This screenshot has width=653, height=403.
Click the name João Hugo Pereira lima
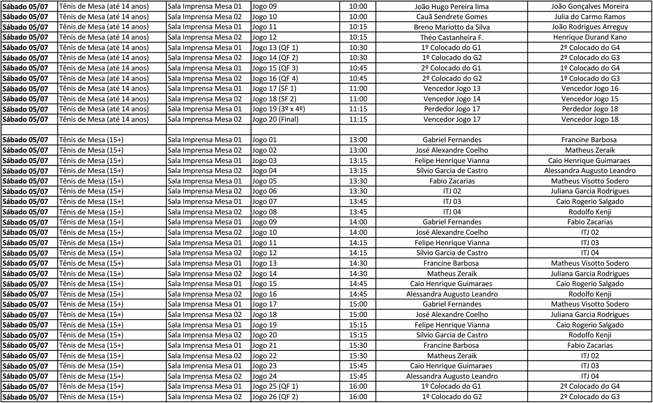click(x=451, y=7)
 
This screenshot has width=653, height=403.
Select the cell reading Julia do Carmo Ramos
click(x=589, y=17)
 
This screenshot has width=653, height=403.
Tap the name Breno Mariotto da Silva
click(x=451, y=27)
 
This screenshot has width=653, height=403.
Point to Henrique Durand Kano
click(x=589, y=37)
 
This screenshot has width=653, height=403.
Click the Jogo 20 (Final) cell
click(x=275, y=119)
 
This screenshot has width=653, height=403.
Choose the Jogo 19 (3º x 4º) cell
click(x=278, y=109)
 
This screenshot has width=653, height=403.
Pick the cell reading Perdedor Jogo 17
click(x=451, y=109)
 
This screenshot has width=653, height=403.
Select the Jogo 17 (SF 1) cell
click(x=274, y=89)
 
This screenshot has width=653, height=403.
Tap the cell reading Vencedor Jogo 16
click(x=589, y=89)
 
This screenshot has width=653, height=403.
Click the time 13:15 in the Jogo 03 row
click(x=358, y=160)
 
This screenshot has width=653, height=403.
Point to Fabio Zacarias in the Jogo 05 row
click(x=451, y=181)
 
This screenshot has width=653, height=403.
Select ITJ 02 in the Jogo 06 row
click(x=451, y=191)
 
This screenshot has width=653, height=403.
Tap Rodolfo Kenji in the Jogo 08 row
click(x=589, y=212)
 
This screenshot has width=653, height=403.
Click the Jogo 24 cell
click(x=264, y=376)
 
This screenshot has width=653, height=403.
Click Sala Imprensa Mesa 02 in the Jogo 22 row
click(x=204, y=356)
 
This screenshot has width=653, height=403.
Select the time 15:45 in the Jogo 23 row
click(x=358, y=366)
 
